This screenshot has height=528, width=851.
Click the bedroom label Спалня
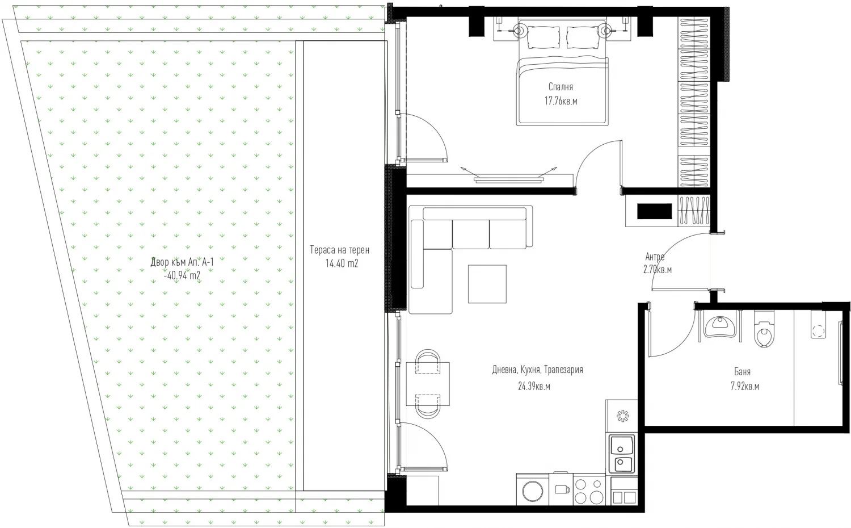[561, 87]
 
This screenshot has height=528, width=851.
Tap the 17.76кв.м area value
[561, 101]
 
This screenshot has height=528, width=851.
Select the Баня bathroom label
[742, 372]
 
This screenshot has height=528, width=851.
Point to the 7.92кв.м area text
[744, 387]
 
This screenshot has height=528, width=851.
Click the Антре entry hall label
[655, 257]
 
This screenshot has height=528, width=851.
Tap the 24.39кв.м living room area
[534, 386]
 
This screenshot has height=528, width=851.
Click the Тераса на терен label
[340, 250]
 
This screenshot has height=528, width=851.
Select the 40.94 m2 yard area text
[183, 275]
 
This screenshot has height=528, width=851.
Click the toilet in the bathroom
[764, 329]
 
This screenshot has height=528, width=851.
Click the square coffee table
[487, 284]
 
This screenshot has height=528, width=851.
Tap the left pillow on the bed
[544, 37]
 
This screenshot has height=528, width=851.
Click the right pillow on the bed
[583, 37]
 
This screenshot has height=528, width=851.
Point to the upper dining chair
[428, 361]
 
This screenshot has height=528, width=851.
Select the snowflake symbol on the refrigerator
[623, 416]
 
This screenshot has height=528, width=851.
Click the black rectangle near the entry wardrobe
[654, 211]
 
